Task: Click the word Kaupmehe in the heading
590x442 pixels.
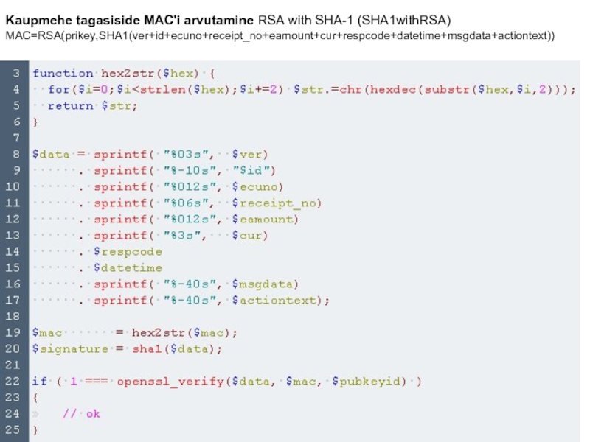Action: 36,18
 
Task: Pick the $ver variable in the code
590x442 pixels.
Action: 250,154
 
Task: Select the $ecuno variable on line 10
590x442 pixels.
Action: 257,186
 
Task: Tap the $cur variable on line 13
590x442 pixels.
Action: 250,235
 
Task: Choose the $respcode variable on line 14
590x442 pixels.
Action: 127,251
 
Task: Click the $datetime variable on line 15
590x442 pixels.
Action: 127,267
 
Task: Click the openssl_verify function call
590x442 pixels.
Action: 169,381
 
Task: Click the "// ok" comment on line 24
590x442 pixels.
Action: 81,413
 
